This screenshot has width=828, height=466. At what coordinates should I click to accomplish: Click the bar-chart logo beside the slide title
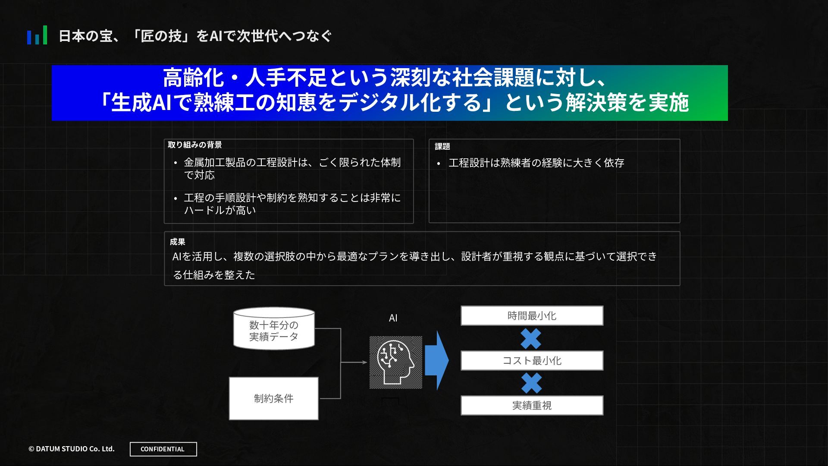tap(37, 35)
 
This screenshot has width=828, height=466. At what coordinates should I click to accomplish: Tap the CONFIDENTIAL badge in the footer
tap(163, 449)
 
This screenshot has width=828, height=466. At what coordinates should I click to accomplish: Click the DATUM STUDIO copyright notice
tap(72, 449)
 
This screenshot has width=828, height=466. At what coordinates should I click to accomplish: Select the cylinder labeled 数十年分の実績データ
tap(274, 329)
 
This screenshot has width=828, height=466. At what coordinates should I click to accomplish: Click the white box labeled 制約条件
tap(274, 398)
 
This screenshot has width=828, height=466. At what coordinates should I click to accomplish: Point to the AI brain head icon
tap(395, 362)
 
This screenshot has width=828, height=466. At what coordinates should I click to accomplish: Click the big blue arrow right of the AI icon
tap(436, 361)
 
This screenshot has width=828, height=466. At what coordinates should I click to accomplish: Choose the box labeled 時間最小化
tap(532, 316)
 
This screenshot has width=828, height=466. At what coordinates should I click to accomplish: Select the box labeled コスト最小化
tap(532, 361)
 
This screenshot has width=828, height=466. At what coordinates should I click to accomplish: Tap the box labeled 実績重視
tap(532, 406)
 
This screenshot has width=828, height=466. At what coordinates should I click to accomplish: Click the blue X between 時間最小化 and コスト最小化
tap(531, 339)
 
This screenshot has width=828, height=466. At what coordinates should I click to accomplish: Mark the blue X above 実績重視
tap(531, 383)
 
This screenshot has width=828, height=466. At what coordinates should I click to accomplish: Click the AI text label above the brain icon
tap(393, 318)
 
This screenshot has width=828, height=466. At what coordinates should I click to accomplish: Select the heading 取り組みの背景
tap(195, 145)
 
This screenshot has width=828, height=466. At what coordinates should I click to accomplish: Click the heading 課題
tap(442, 147)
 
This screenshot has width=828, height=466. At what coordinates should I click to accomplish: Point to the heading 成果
tap(177, 242)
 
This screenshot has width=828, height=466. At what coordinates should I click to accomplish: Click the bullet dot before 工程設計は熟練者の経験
tap(439, 164)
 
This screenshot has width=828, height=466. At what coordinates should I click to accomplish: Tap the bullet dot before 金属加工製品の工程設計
tap(176, 163)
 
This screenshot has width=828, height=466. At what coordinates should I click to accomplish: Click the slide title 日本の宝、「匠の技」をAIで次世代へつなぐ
tap(195, 36)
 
